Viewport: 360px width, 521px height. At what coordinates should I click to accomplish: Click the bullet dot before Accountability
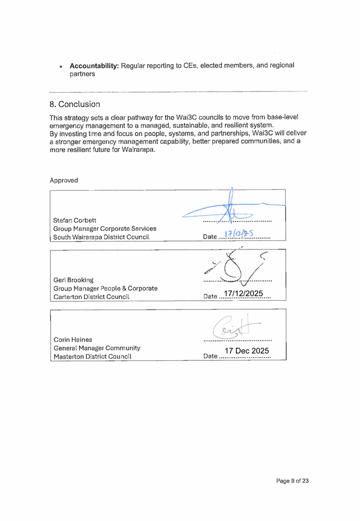[61, 66]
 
